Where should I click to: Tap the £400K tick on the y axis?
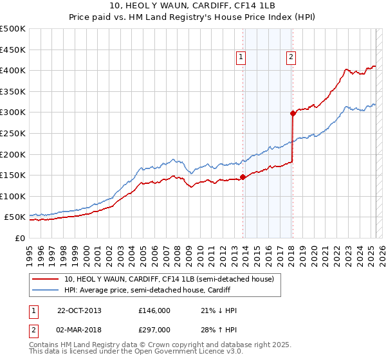coord(13,71)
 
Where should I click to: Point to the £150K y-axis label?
coord(13,175)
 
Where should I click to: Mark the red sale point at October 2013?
coord(243,177)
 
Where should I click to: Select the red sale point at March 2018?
coord(293,113)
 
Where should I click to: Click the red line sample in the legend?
coord(46,279)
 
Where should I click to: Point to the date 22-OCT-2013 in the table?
coord(78,310)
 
